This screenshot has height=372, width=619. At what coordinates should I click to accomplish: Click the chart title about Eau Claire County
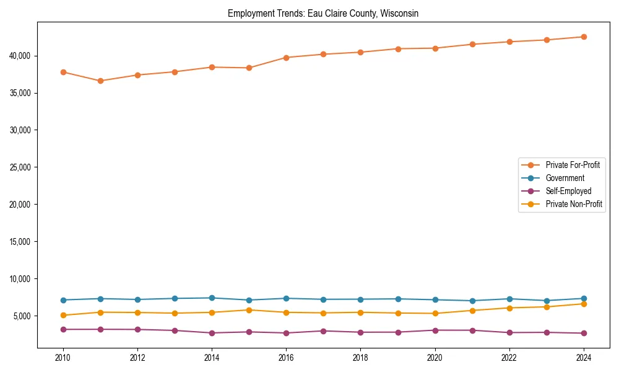click(323, 13)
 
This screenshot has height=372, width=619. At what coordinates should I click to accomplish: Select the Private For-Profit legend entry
click(573, 165)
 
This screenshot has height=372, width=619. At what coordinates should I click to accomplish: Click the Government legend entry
click(565, 178)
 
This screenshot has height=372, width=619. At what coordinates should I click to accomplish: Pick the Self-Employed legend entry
click(568, 191)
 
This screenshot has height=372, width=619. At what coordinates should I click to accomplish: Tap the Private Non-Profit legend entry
click(574, 204)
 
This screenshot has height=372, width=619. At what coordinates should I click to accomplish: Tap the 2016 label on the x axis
click(286, 357)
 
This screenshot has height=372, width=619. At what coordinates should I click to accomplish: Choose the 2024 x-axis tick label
click(583, 357)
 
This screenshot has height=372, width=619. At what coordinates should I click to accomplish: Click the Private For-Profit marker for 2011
click(100, 81)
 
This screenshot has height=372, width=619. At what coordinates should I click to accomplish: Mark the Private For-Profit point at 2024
click(583, 37)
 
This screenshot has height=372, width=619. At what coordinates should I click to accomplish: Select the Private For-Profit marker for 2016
click(286, 58)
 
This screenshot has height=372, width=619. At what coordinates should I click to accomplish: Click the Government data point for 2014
click(212, 298)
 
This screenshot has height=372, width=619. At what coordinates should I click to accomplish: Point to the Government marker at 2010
click(63, 300)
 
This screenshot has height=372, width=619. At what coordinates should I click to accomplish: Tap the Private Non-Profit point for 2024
click(583, 304)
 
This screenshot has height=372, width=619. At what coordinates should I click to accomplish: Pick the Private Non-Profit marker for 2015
click(249, 310)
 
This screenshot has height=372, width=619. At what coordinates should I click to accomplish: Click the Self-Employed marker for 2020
click(435, 330)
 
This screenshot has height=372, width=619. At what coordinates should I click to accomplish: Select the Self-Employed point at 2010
click(63, 329)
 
